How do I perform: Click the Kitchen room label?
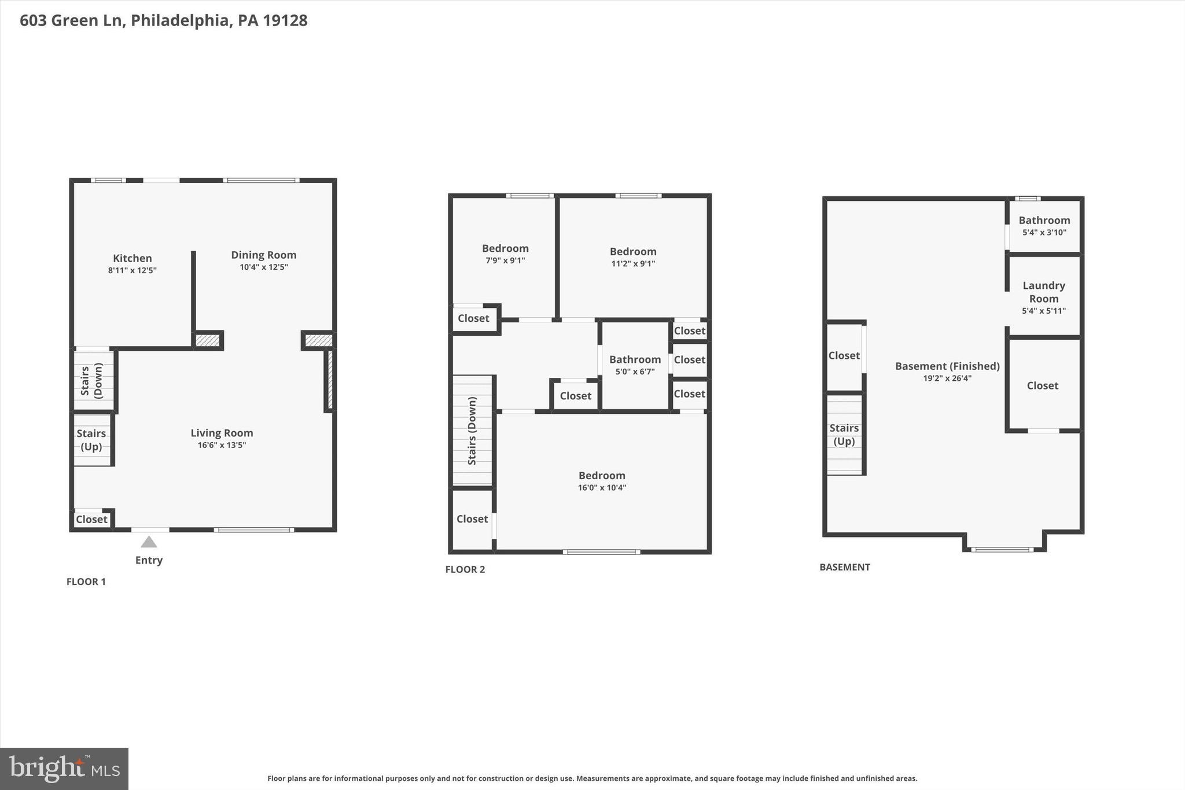132,258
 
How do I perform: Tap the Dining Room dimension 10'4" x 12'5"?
264,267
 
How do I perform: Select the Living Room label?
222,433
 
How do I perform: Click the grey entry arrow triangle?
149,542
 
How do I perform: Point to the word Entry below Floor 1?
149,560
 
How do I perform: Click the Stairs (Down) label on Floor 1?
91,380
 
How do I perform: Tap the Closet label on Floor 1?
91,519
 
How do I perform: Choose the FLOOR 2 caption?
465,569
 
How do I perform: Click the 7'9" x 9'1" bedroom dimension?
505,260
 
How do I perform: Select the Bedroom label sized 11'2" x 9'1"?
632,251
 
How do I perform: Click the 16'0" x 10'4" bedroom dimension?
602,488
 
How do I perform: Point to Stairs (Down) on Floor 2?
472,431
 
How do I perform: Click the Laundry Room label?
1043,292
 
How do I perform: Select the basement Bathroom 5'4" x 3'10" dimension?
1044,233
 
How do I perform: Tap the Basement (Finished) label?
947,366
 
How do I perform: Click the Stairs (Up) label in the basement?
844,434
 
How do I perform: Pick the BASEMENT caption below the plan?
844,567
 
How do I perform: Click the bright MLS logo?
64,769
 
